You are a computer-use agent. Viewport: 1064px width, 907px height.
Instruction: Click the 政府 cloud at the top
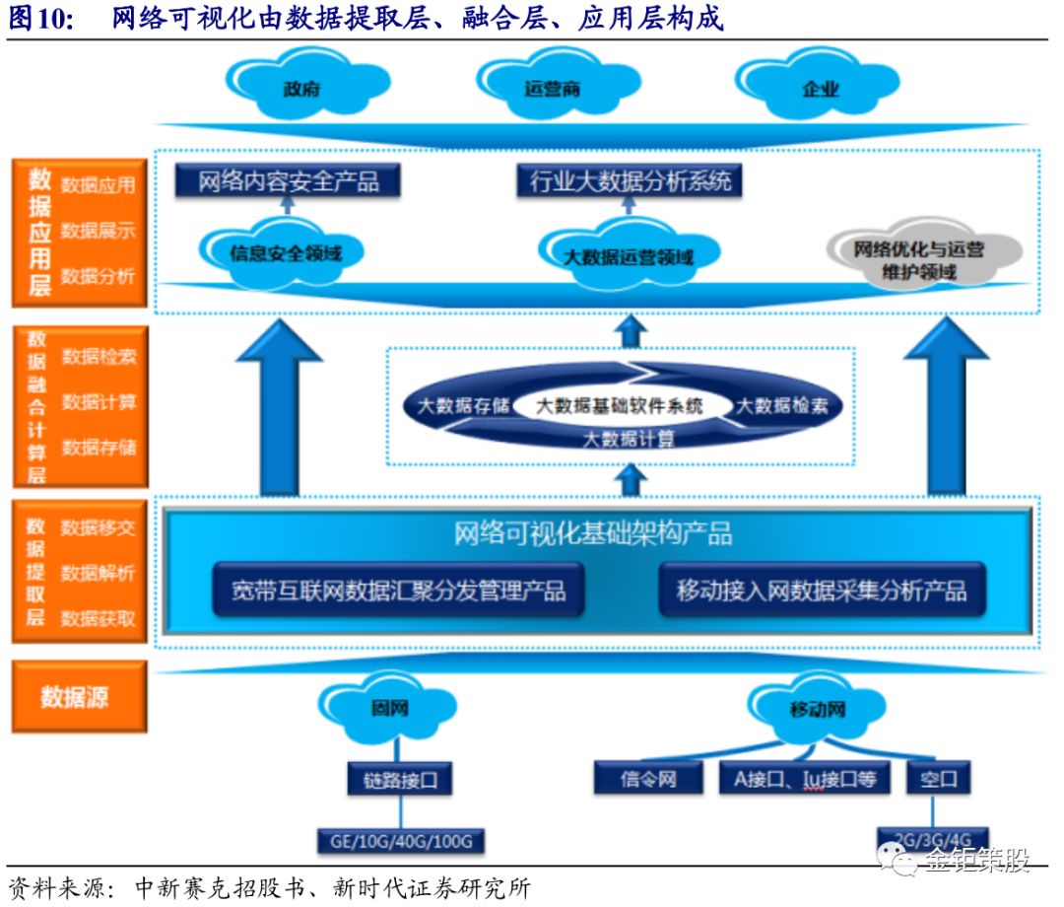[x=300, y=88]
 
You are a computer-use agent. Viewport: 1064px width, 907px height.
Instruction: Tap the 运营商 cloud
[x=552, y=88]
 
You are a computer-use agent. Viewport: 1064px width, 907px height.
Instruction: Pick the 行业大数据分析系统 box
[x=631, y=181]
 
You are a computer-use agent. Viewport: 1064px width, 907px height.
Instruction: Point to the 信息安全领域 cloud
[x=285, y=252]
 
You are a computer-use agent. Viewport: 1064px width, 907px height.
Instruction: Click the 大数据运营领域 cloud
[x=628, y=256]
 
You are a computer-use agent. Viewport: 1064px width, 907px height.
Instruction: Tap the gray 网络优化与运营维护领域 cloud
[x=918, y=258]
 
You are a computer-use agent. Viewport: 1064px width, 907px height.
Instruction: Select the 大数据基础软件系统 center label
[x=620, y=405]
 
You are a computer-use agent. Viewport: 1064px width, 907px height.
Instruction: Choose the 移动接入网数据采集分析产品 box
[x=822, y=591]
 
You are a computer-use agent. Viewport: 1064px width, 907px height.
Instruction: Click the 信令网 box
[x=648, y=779]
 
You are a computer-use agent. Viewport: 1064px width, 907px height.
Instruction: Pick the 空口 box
[x=938, y=779]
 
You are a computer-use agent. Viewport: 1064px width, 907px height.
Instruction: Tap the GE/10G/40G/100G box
[x=401, y=841]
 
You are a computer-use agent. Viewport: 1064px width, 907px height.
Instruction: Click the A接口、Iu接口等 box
[x=804, y=779]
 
